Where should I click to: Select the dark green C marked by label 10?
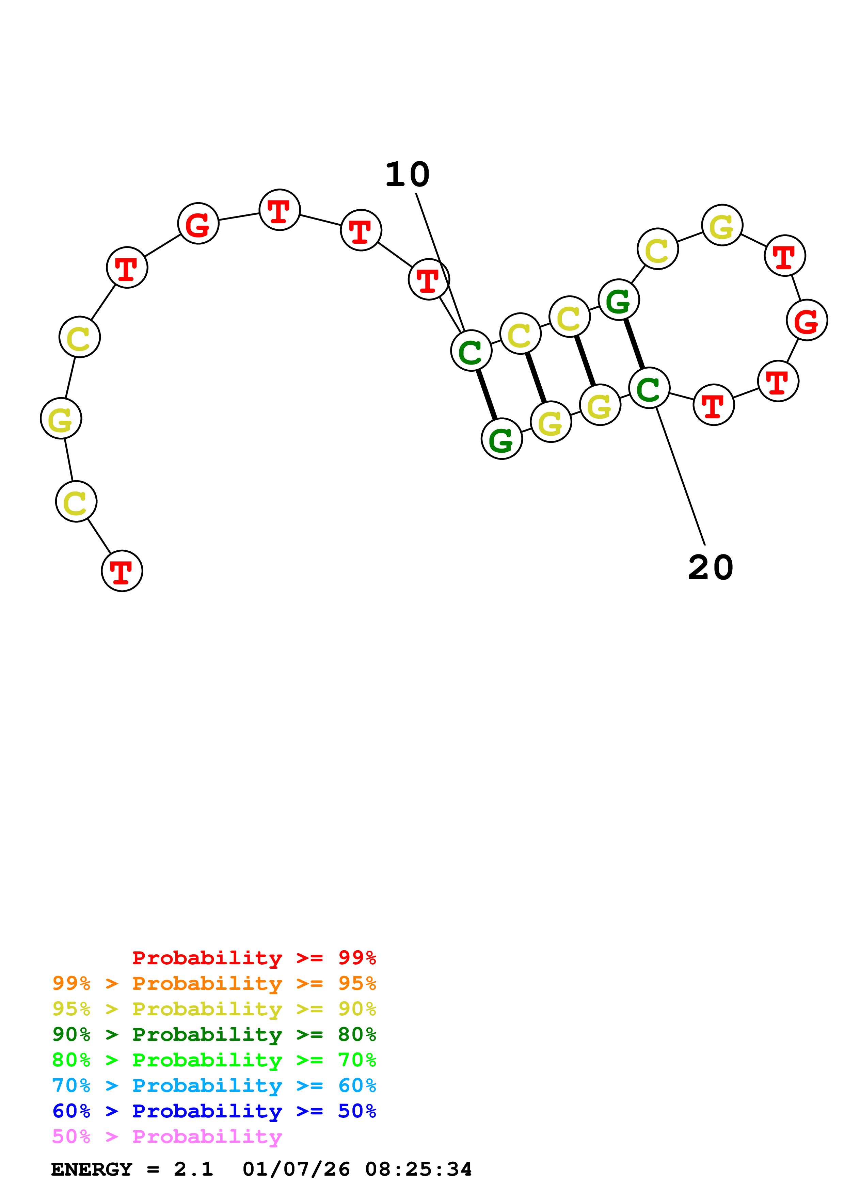471,351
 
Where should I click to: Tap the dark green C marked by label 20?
649,388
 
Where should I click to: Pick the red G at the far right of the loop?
807,320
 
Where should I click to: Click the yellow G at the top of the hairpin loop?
722,225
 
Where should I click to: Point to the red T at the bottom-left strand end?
122,571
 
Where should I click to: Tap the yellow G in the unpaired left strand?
61,419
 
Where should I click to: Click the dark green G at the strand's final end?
501,439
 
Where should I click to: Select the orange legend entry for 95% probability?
214,983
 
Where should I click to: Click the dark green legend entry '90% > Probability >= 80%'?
214,1034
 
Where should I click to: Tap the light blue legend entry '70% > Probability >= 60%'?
214,1085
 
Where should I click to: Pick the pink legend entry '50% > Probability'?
167,1136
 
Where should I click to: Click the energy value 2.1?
193,1169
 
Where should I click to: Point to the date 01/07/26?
296,1169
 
